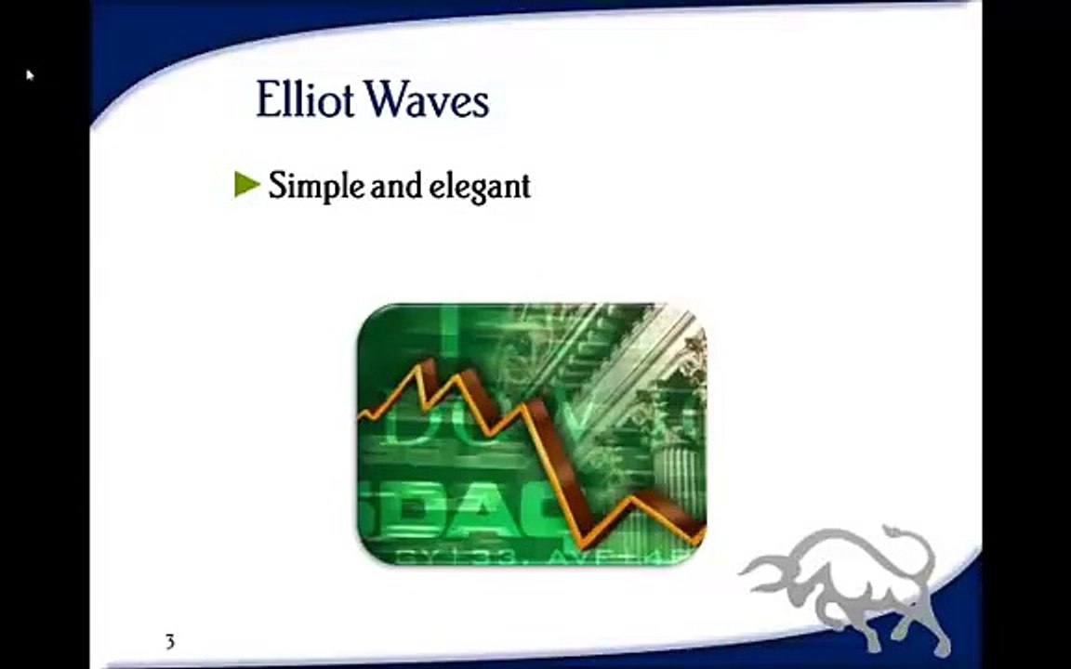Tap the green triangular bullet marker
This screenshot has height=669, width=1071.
[x=246, y=185]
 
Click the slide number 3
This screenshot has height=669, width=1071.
[x=169, y=641]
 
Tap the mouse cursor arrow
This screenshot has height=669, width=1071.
[x=30, y=75]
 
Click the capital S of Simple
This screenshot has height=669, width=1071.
[x=277, y=187]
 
